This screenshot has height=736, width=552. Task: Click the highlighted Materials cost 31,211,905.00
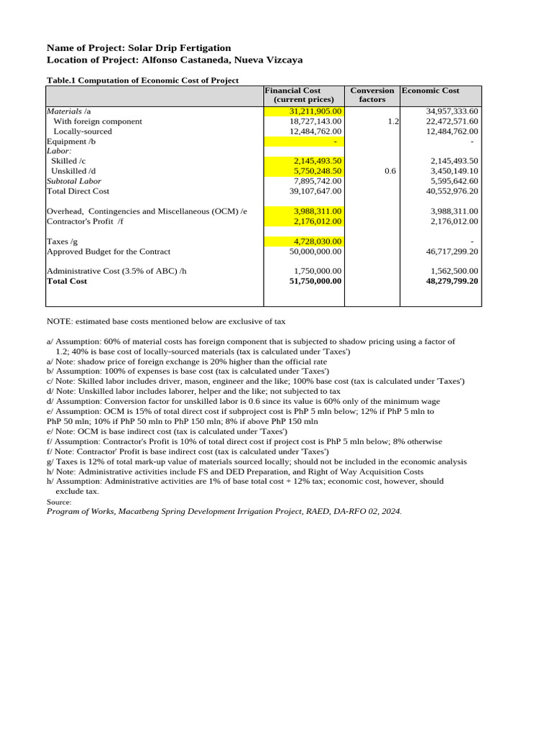(316, 111)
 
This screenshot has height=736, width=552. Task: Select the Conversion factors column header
(372, 95)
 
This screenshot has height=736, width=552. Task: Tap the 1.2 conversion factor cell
(392, 121)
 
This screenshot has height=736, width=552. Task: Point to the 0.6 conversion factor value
(390, 171)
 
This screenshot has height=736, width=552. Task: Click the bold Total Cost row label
(67, 281)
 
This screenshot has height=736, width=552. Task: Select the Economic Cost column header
(431, 91)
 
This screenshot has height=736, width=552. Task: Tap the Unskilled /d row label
(73, 171)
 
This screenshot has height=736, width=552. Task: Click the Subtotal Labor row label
(74, 181)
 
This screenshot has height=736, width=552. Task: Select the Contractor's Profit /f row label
(85, 221)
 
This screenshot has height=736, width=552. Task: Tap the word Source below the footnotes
(59, 502)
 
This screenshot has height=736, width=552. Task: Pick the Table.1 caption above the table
(142, 80)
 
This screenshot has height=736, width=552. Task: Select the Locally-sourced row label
(83, 132)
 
